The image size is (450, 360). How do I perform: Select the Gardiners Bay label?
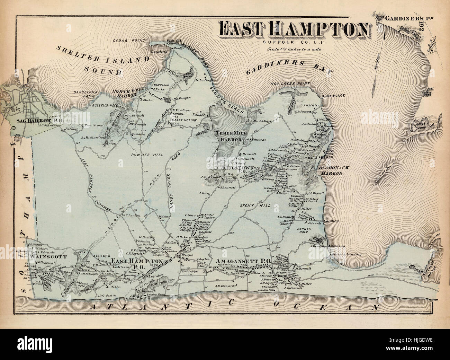pyautogui.click(x=288, y=68)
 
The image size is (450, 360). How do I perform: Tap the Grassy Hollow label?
pyautogui.click(x=183, y=120)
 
